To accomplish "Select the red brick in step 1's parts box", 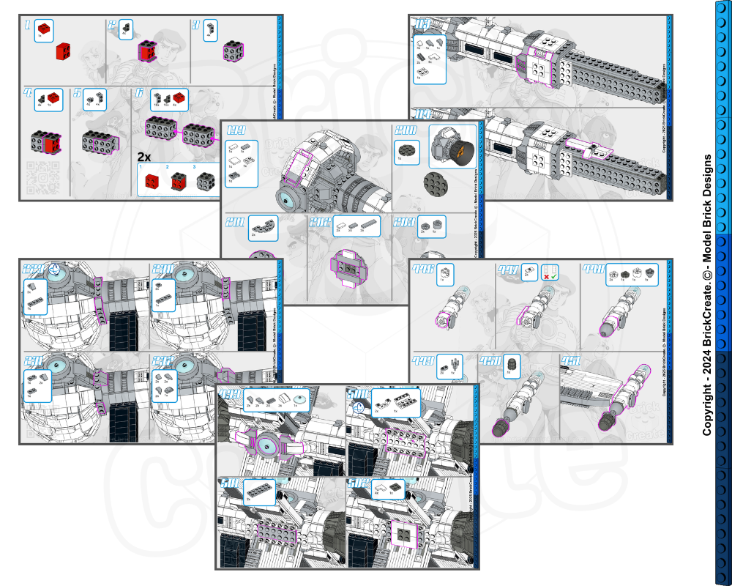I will pos(45,29).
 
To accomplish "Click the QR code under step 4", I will pos(37,176).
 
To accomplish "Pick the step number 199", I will pos(236,132).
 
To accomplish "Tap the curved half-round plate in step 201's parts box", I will pos(261,229).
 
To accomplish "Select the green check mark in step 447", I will pos(554,277).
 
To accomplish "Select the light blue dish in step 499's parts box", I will pos(301,399).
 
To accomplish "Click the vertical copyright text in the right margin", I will pos(706,293).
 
